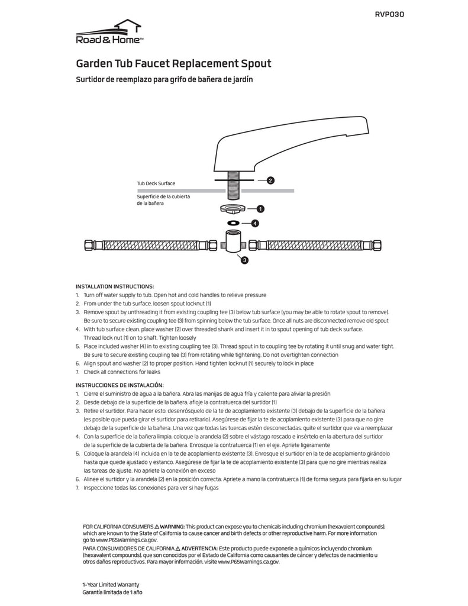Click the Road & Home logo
pos(109,33)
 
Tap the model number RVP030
pos(390,14)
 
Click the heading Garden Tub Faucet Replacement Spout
pos(174,63)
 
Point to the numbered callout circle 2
pos(270,180)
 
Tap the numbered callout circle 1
pos(260,209)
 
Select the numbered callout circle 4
pos(255,223)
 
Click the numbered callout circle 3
pos(244,259)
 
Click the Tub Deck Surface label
pos(156,183)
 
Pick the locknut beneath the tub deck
pos(231,209)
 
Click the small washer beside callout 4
pos(233,223)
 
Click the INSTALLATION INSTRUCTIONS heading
pos(115,286)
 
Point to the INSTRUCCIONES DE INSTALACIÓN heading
pos(120,385)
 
